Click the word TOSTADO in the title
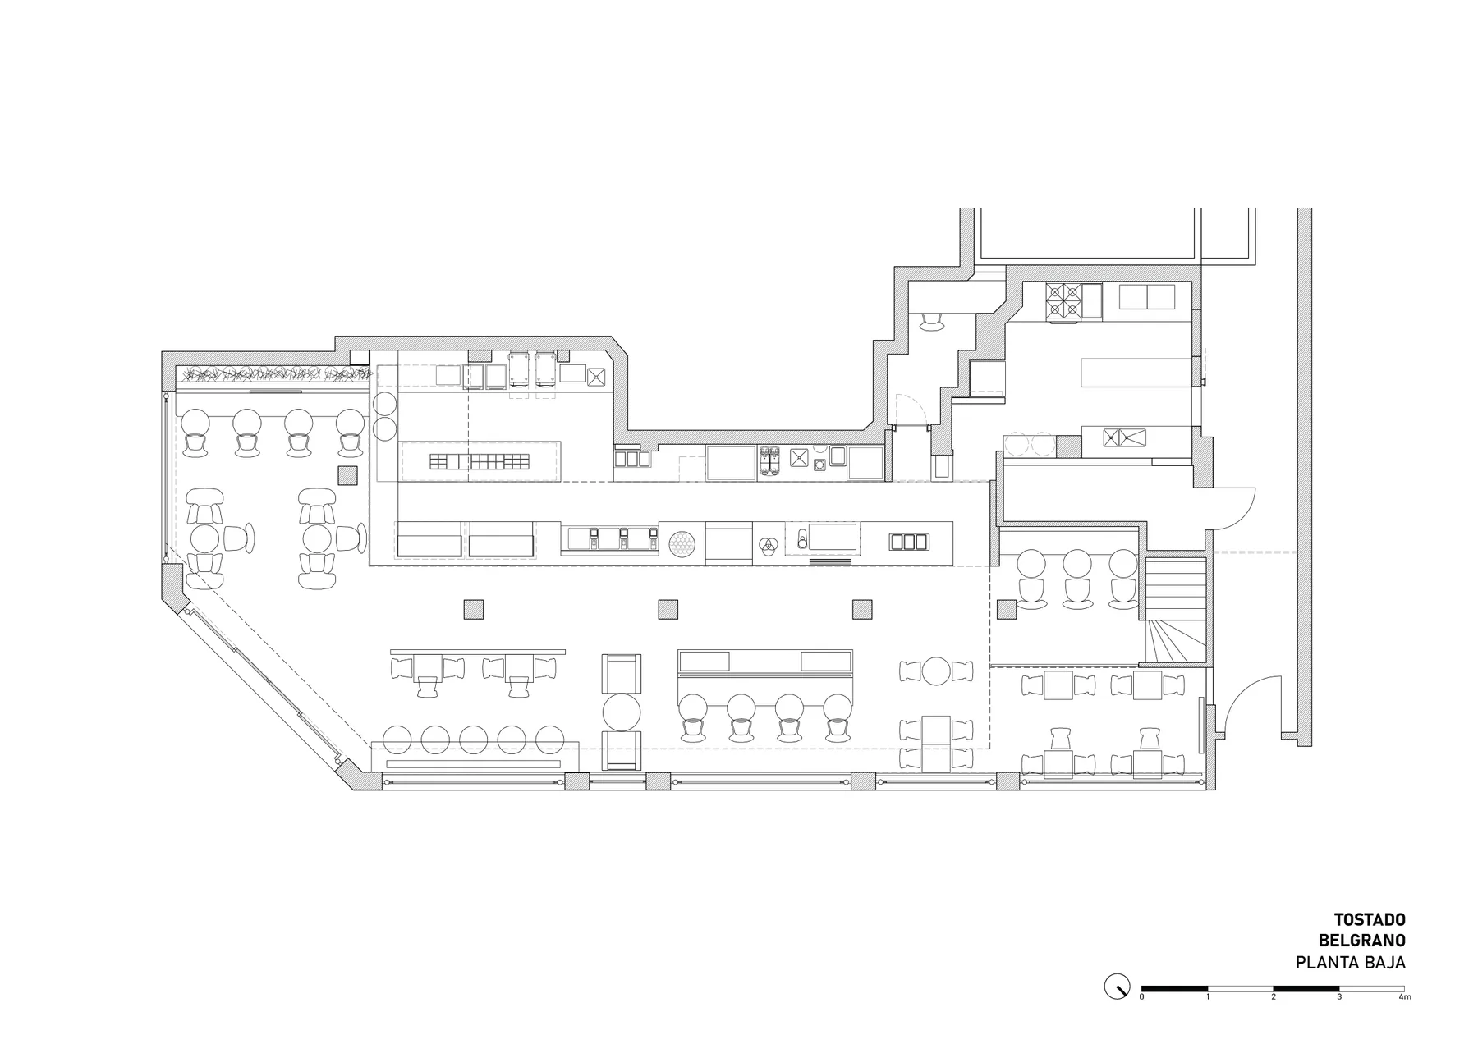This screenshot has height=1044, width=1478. click(x=1370, y=919)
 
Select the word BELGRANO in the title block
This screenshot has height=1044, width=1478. click(x=1362, y=941)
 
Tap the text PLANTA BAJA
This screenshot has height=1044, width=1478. click(x=1351, y=963)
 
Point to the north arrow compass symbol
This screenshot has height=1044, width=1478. click(x=1117, y=986)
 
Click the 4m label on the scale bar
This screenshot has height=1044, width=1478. click(x=1405, y=997)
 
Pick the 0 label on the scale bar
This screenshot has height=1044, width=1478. click(x=1141, y=997)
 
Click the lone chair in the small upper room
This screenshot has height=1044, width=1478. click(x=932, y=321)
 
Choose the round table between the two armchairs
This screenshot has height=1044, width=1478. click(x=622, y=712)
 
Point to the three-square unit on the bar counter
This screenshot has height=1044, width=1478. click(x=909, y=542)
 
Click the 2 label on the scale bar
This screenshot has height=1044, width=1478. click(x=1274, y=997)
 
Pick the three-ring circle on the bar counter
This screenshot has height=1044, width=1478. click(x=769, y=543)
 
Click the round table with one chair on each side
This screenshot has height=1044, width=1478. click(x=936, y=671)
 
